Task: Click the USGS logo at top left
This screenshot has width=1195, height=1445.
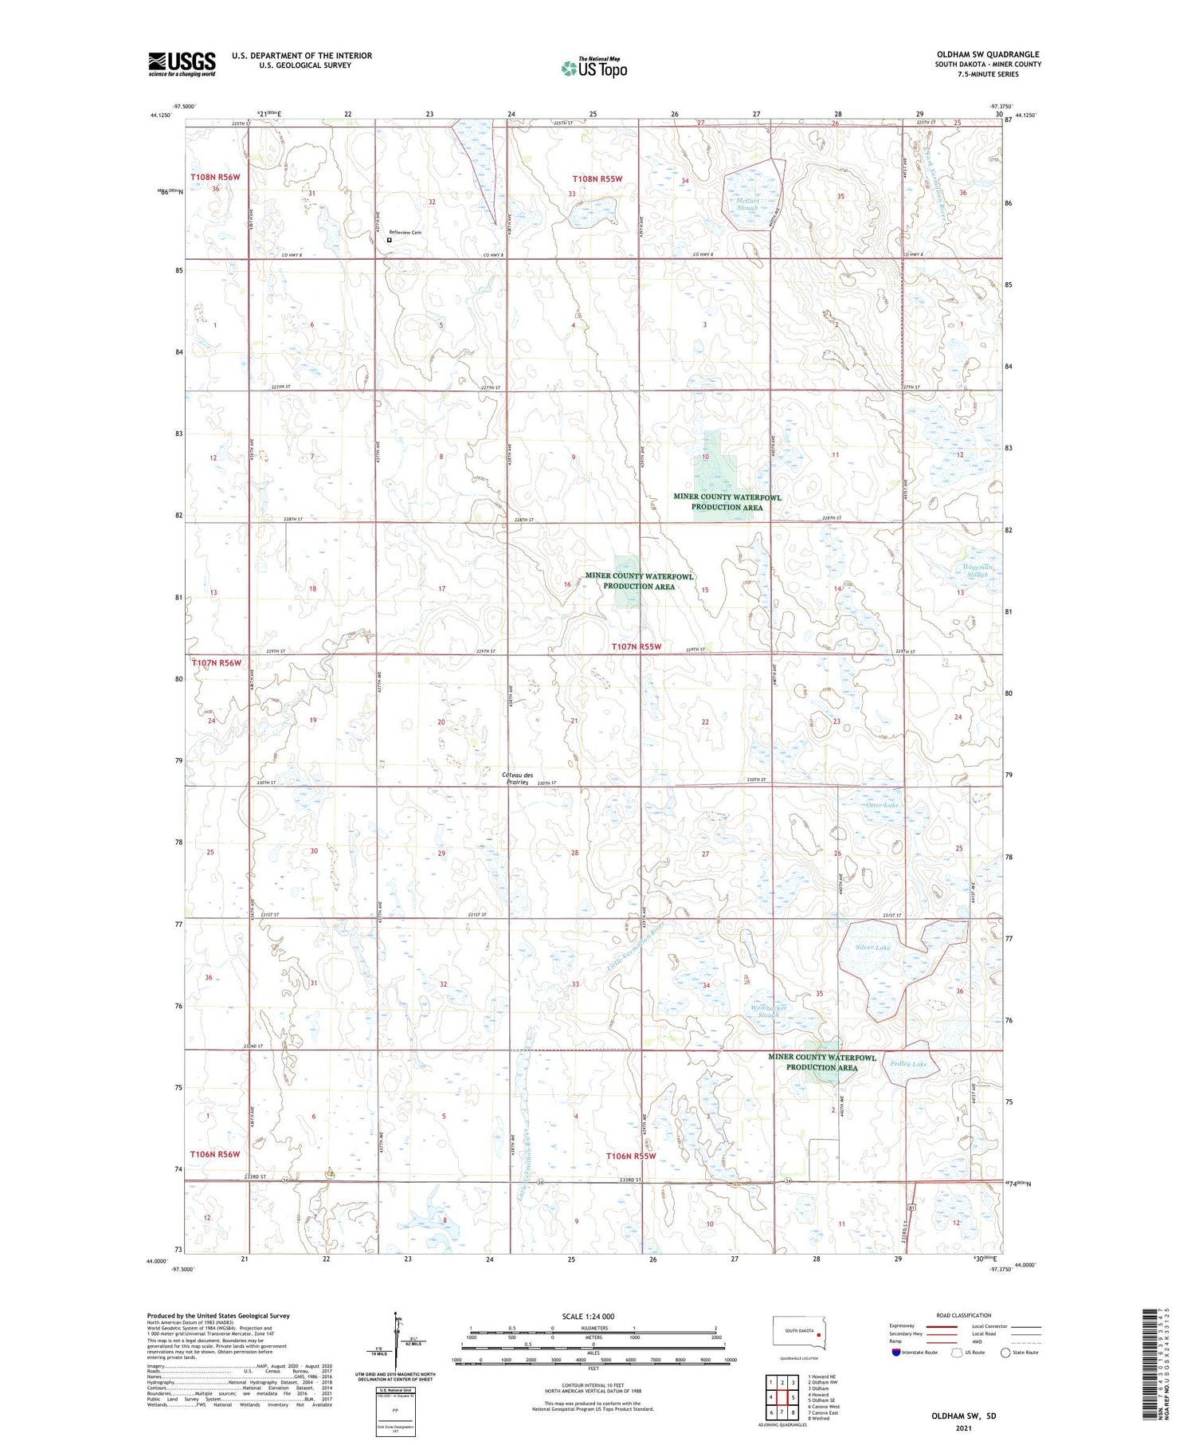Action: coord(182,64)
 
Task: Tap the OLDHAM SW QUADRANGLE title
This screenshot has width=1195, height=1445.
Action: coord(988,54)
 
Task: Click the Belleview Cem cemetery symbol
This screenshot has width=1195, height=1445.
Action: coord(390,240)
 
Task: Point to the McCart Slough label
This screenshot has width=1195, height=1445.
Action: coord(746,204)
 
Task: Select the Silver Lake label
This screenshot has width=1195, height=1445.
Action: coord(872,948)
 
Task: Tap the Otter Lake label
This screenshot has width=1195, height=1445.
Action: coord(882,805)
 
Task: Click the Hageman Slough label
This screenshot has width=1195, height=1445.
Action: coord(974,571)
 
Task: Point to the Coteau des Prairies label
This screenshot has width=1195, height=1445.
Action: coord(518,779)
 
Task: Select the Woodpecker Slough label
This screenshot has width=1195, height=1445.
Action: coord(769,1011)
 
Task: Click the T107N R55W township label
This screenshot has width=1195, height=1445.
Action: coord(636,646)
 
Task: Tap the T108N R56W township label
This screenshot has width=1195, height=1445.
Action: coord(214,177)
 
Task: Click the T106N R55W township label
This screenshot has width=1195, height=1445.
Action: coord(630,1156)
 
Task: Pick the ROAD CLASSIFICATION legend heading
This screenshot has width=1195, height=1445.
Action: coord(964,1315)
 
